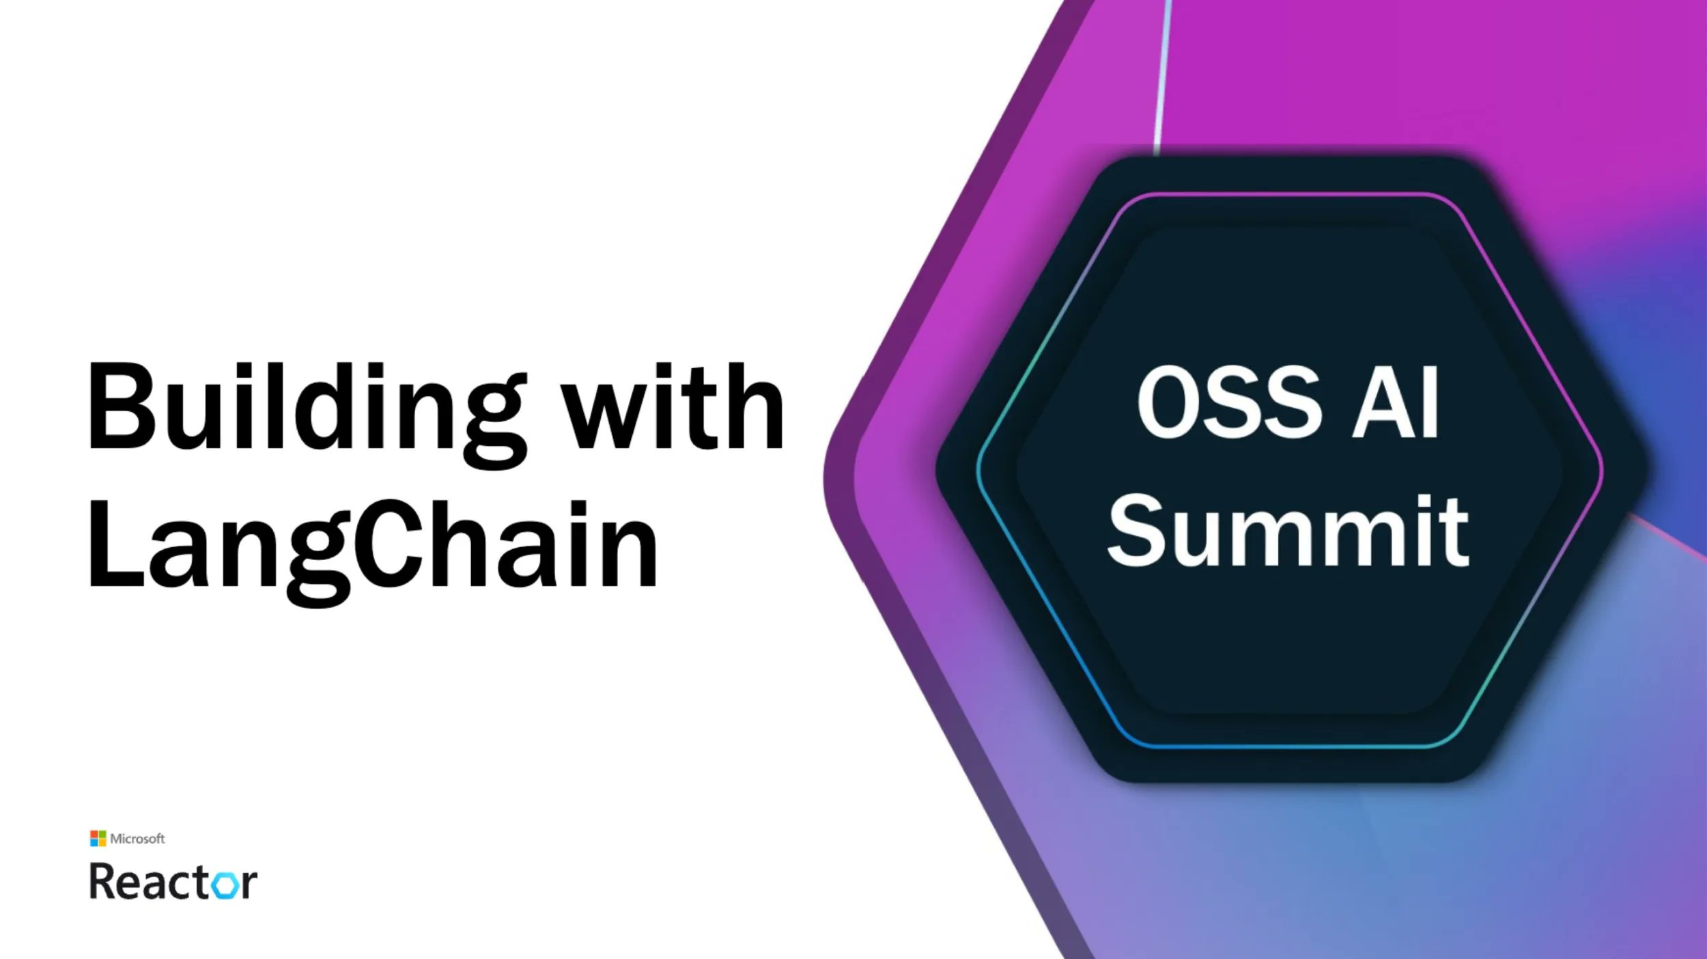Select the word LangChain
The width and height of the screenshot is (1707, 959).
pos(372,546)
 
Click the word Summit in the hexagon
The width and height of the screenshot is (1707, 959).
pos(1287,531)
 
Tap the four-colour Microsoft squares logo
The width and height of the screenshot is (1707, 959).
pos(98,838)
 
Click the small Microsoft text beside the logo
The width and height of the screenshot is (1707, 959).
pos(137,839)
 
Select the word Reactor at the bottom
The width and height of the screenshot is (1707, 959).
pos(173,882)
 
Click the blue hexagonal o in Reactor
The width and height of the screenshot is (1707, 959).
pos(225,885)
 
